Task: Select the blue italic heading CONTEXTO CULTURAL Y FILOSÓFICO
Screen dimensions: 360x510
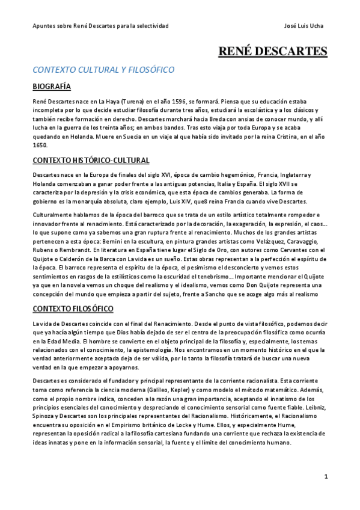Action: [103, 70]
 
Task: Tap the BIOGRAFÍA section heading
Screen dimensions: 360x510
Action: [52, 87]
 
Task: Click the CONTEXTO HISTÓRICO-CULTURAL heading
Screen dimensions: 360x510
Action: [91, 160]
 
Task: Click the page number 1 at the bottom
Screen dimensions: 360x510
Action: [326, 476]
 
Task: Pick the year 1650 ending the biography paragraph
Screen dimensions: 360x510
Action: [40, 145]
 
